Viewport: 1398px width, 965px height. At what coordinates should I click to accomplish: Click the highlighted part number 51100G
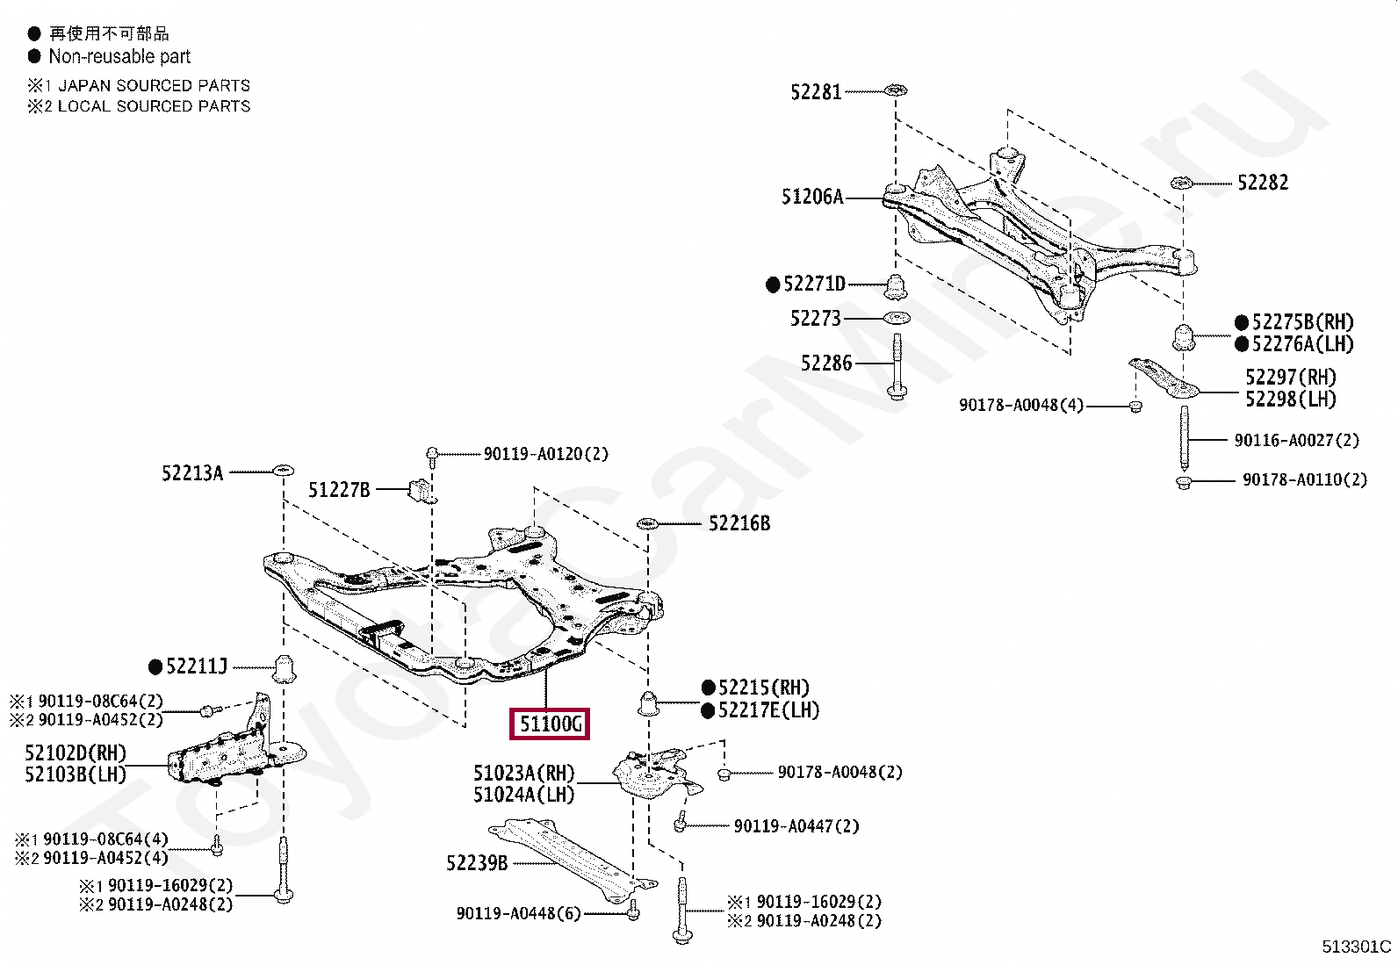coord(551,724)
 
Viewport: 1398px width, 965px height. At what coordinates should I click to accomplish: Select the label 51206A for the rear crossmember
coord(811,197)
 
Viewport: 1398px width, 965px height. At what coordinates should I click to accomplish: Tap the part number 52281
coord(816,91)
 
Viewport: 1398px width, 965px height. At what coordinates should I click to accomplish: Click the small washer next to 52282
coord(1181,184)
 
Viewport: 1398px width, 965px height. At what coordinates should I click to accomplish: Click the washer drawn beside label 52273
coord(896,318)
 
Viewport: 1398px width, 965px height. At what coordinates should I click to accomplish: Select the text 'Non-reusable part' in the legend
coord(119,56)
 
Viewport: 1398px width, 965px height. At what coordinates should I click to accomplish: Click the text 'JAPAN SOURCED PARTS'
coord(154,85)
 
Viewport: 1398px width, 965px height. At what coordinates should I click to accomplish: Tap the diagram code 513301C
coord(1357,947)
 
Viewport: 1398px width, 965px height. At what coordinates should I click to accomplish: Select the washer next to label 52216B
coord(647,524)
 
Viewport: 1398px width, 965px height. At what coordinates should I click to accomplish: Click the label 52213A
coord(192,473)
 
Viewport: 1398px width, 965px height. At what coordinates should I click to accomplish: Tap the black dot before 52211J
coord(156,667)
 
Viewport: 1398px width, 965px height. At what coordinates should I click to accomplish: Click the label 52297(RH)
coord(1290,378)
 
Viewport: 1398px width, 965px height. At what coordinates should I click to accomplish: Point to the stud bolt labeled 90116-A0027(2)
coord(1185,439)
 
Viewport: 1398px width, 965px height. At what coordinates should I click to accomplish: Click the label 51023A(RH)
coord(523,773)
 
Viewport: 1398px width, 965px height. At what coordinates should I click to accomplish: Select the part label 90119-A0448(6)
coord(518,914)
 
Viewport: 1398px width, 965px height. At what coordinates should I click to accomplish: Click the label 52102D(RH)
coord(76,753)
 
